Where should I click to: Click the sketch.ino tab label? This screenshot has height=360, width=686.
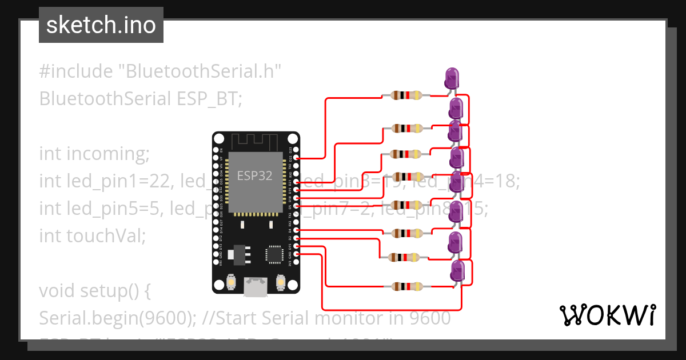point(101,25)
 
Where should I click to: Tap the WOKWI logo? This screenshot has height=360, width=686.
point(607,315)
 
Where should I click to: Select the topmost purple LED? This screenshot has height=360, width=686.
point(452,77)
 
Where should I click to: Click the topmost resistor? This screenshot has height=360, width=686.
point(406,95)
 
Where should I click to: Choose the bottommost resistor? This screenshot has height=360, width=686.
point(406,286)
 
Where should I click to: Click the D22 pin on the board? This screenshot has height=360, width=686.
point(296,158)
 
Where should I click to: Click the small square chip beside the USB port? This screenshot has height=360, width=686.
point(274,255)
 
